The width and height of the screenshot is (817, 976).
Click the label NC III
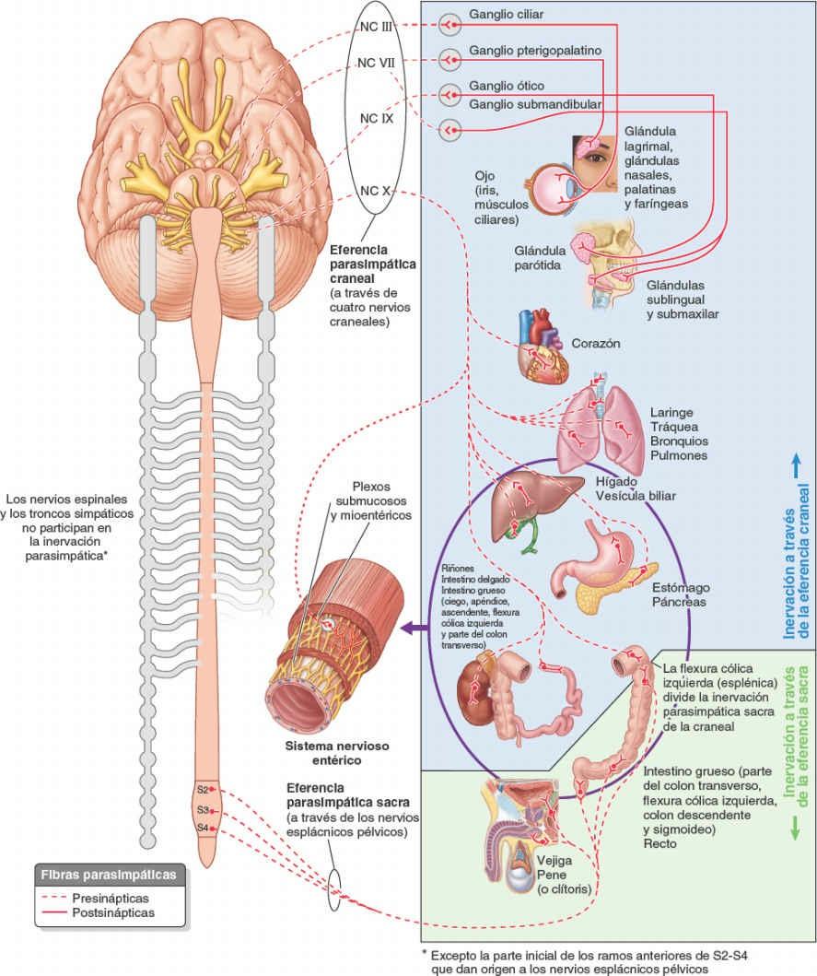[x=376, y=28]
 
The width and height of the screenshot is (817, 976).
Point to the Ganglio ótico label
[x=506, y=87]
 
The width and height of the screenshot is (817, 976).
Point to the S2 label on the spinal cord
[x=203, y=790]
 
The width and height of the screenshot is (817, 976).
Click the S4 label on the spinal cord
[x=203, y=828]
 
